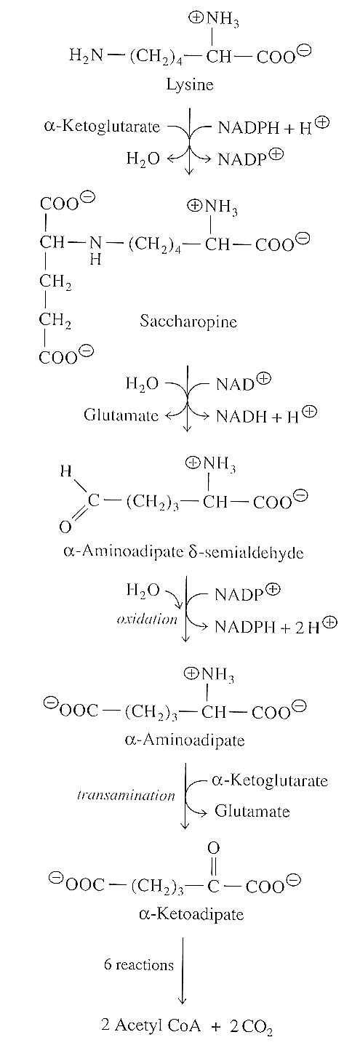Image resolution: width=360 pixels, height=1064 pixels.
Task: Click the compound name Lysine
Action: click(190, 85)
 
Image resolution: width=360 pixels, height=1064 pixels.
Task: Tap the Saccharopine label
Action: click(188, 321)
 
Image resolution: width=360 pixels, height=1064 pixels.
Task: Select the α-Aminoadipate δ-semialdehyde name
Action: click(183, 552)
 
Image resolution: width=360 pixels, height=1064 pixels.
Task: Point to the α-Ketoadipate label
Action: click(191, 914)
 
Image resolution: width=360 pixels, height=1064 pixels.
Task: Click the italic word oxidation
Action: click(147, 620)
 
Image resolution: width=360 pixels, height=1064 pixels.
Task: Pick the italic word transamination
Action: click(126, 796)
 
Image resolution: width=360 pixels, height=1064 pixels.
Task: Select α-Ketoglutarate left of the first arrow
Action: click(102, 127)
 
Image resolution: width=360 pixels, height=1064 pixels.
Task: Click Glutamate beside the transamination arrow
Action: click(252, 811)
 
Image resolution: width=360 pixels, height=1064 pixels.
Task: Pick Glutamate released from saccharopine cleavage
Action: click(121, 415)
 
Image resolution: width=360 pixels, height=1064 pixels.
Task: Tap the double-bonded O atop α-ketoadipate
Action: click(215, 847)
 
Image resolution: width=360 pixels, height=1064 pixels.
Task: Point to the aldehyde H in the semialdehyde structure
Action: click(66, 471)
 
